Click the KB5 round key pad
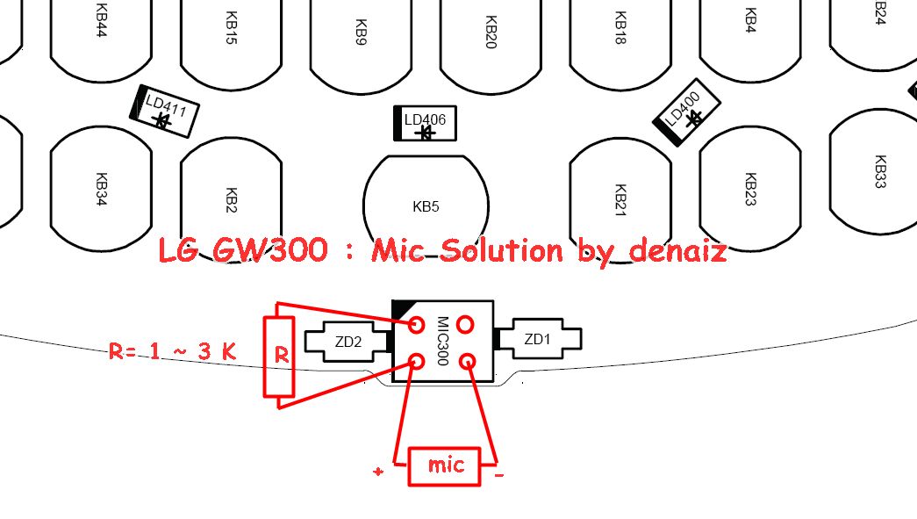(x=426, y=206)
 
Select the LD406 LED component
(x=426, y=124)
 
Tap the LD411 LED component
(x=164, y=112)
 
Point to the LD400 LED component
(x=686, y=112)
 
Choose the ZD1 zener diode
(x=537, y=339)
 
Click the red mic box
(x=445, y=466)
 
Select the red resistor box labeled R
(x=279, y=357)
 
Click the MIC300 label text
(x=443, y=341)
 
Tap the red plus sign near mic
(x=378, y=471)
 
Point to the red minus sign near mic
(x=498, y=475)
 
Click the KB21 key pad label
(x=621, y=200)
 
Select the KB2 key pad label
(x=231, y=200)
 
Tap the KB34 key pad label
(x=101, y=189)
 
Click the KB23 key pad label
(x=751, y=189)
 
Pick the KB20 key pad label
(x=491, y=32)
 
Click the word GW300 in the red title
(x=269, y=250)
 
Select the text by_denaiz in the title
(x=653, y=250)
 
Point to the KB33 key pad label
(x=881, y=171)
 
